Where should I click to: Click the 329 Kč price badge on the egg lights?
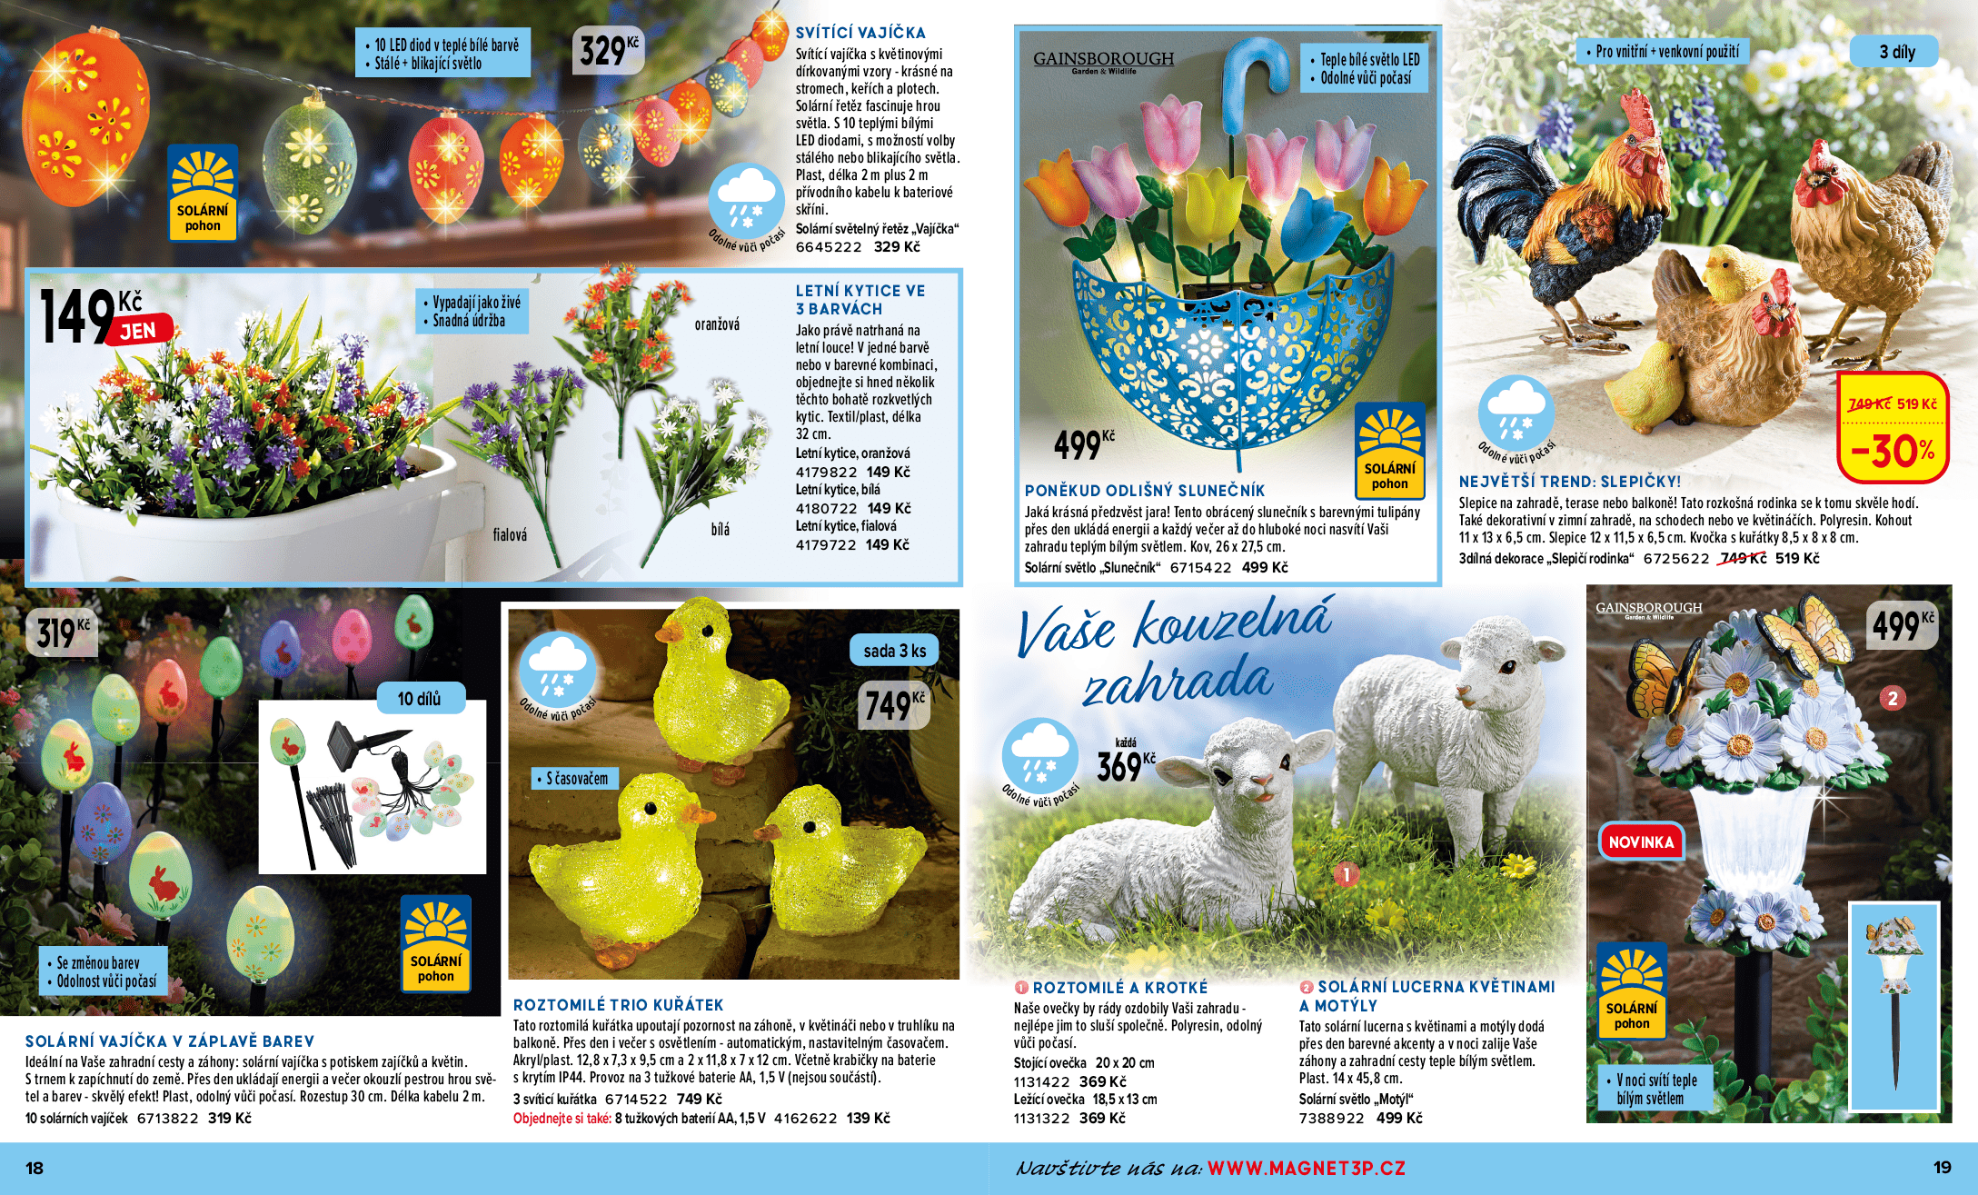pos(608,50)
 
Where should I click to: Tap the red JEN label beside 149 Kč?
pos(139,331)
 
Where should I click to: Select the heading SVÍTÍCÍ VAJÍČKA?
pos(860,33)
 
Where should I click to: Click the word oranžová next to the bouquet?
pos(717,324)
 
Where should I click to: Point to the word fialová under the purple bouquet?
pos(510,535)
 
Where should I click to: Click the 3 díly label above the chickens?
pos(1897,52)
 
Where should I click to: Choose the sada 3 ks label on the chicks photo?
pos(894,651)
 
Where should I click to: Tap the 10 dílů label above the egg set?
pos(419,699)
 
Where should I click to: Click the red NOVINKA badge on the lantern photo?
pos(1641,841)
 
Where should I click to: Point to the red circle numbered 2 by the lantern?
pos(1893,698)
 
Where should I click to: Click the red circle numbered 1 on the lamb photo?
pos(1346,874)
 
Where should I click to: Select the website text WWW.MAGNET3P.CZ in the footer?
pos(1306,1168)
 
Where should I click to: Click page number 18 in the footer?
pos(35,1168)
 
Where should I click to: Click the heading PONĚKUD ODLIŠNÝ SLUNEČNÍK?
pos(1144,491)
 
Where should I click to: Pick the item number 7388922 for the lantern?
pos(1331,1119)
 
